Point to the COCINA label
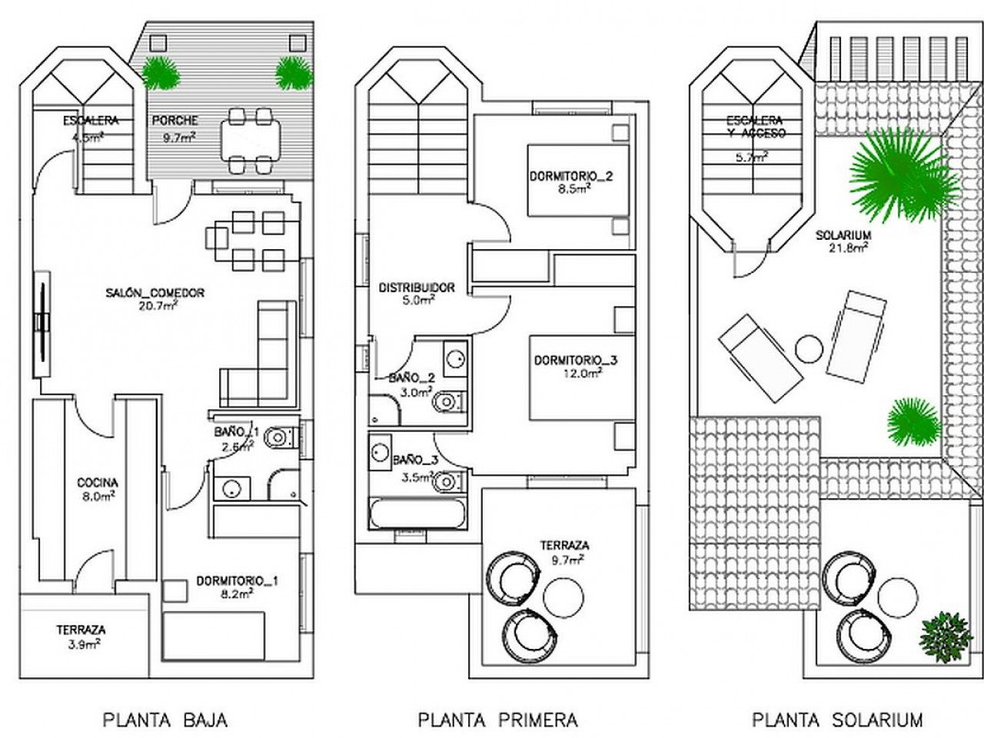click(98, 483)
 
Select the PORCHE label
click(175, 121)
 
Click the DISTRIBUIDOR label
click(417, 288)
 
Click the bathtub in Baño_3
click(418, 514)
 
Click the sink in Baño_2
click(455, 358)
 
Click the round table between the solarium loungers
click(809, 350)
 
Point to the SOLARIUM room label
click(843, 235)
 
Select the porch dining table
click(250, 141)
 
